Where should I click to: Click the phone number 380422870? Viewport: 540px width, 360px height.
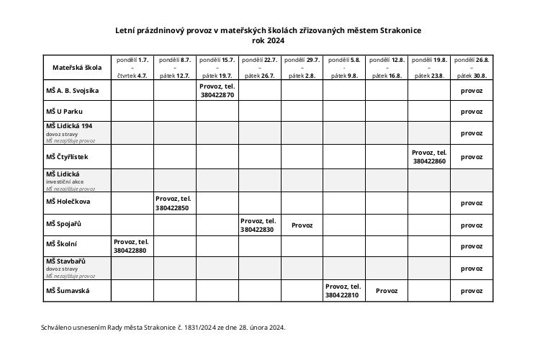click(217, 95)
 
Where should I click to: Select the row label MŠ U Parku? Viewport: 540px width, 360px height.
click(65, 112)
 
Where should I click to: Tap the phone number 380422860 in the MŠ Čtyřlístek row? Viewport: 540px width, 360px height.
click(430, 162)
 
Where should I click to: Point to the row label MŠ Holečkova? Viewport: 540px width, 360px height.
click(68, 203)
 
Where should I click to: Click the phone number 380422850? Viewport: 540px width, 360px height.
click(172, 207)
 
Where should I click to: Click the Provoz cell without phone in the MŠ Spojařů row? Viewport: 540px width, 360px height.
click(302, 225)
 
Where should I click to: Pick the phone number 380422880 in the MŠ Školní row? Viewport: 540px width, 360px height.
click(130, 251)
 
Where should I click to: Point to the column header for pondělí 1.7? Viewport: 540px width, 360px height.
click(132, 60)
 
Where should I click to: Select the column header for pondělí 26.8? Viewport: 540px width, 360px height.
click(472, 60)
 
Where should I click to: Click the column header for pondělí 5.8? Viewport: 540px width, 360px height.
click(343, 60)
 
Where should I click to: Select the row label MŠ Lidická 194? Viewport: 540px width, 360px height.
click(70, 125)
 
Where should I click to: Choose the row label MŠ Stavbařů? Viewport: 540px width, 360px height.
click(66, 261)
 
